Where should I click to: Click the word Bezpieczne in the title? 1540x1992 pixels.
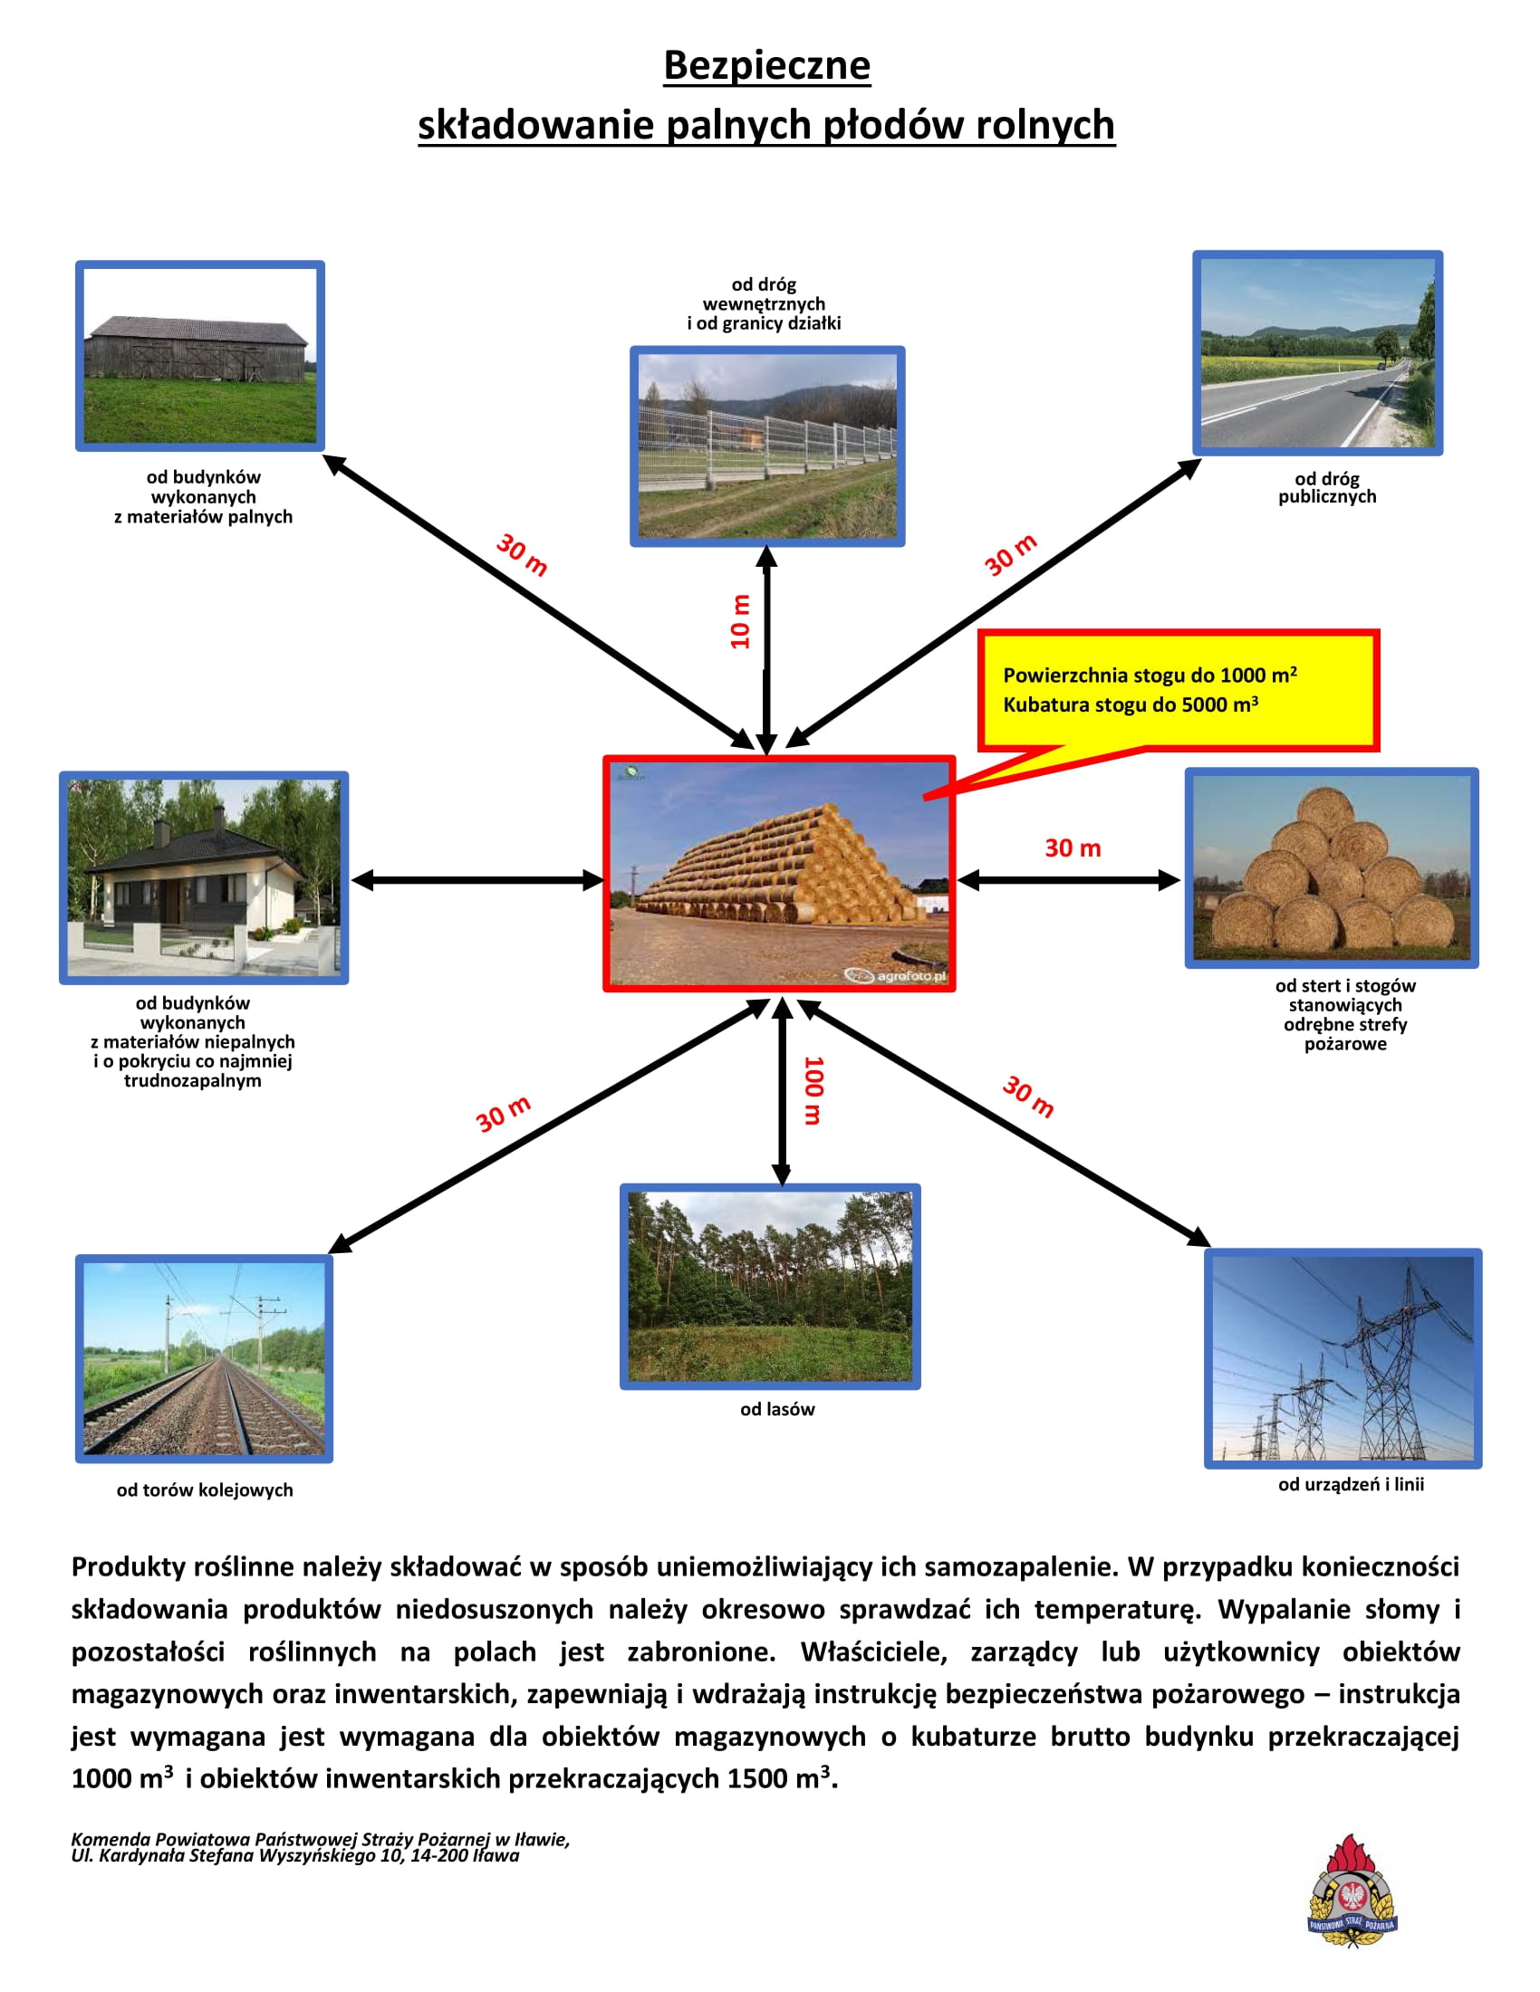[766, 66]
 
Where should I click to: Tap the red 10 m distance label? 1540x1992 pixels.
[740, 622]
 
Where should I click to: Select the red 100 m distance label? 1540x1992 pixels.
[813, 1090]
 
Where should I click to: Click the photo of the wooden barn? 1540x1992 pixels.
[200, 356]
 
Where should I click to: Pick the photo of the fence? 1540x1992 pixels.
[767, 446]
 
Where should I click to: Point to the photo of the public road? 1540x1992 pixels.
[1317, 353]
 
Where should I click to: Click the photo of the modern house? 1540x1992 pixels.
[204, 877]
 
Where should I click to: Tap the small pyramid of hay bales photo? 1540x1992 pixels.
[1331, 867]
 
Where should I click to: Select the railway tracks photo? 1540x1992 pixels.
[204, 1358]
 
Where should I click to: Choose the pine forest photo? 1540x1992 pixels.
[770, 1286]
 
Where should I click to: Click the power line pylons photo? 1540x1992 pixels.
[1343, 1358]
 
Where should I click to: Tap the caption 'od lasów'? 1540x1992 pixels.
[777, 1409]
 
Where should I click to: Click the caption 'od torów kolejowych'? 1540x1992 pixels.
[205, 1490]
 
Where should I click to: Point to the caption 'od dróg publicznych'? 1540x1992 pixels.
[1326, 488]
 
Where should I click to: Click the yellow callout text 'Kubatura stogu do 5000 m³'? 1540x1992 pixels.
[1131, 704]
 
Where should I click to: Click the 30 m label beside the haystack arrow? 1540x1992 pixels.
[1073, 848]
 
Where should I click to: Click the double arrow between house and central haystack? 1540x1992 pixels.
[476, 880]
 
